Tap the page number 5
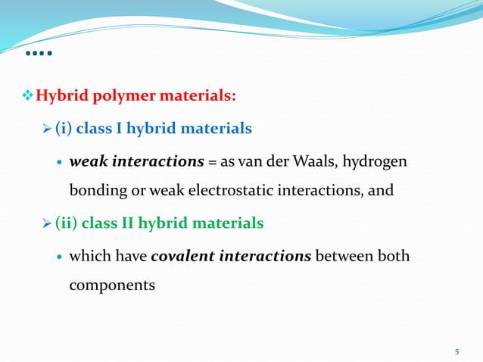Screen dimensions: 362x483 (x=457, y=351)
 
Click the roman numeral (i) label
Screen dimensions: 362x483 (x=63, y=129)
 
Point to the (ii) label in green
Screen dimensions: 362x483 (x=65, y=223)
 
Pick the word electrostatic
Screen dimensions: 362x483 (x=241, y=189)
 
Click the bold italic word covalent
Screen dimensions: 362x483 (x=182, y=256)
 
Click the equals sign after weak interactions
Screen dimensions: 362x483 (x=213, y=161)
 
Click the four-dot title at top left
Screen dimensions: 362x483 (x=38, y=55)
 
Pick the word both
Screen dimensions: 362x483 (x=394, y=256)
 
